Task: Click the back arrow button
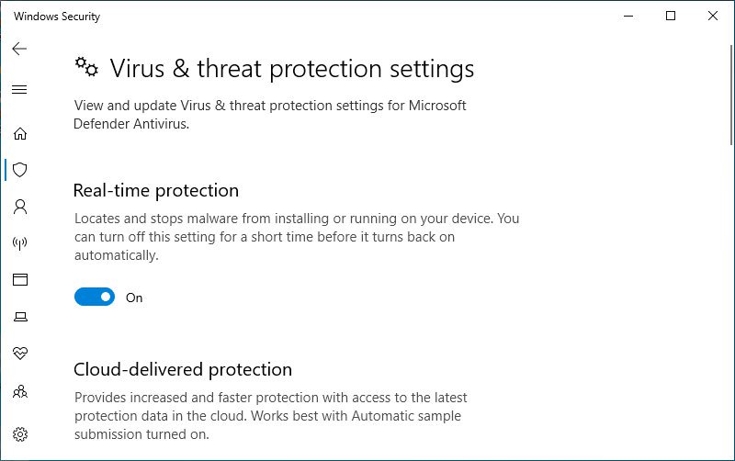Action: point(19,49)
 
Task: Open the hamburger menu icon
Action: point(19,89)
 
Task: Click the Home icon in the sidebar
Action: point(19,133)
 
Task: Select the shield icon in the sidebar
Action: point(19,170)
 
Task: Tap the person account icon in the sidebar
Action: point(20,207)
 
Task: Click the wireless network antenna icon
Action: point(19,243)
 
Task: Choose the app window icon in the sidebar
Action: point(20,280)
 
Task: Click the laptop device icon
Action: point(20,317)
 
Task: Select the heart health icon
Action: point(20,354)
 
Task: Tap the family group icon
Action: point(20,391)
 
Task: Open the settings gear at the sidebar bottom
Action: point(20,434)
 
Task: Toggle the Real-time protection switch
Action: point(95,297)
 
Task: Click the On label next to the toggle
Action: point(134,298)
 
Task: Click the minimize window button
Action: point(628,17)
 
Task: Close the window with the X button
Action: point(713,16)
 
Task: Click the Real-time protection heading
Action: point(156,191)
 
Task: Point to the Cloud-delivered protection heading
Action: point(183,370)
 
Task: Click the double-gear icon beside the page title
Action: point(86,67)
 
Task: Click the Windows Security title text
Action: point(57,17)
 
